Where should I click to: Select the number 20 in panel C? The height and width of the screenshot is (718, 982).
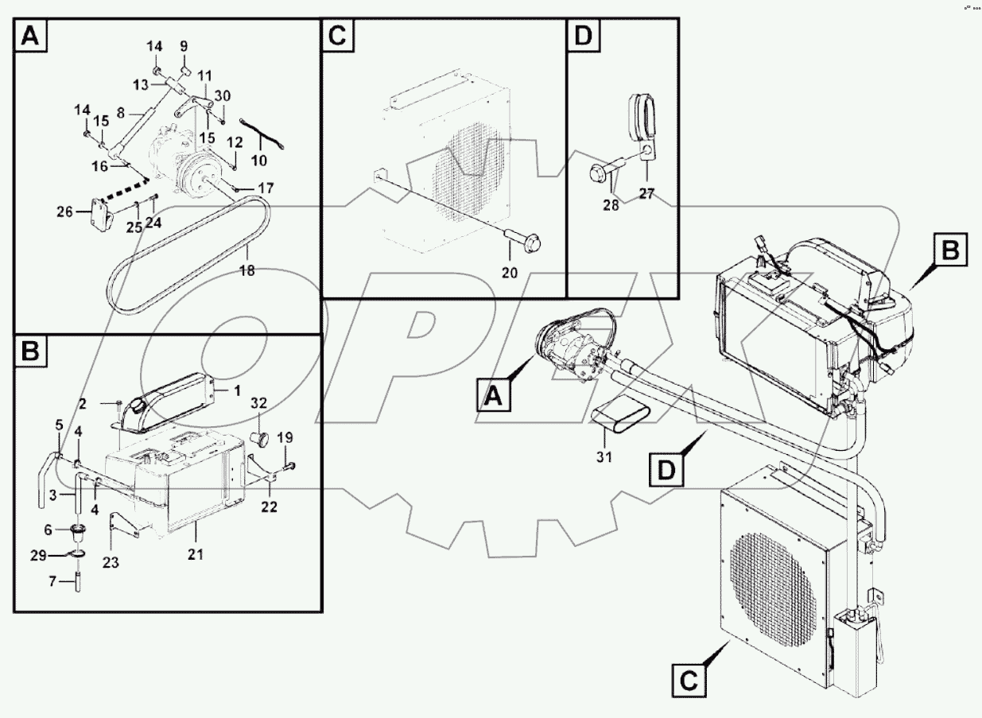509,272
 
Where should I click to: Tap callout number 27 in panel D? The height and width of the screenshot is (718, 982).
646,193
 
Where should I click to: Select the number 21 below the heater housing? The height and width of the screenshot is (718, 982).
196,554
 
